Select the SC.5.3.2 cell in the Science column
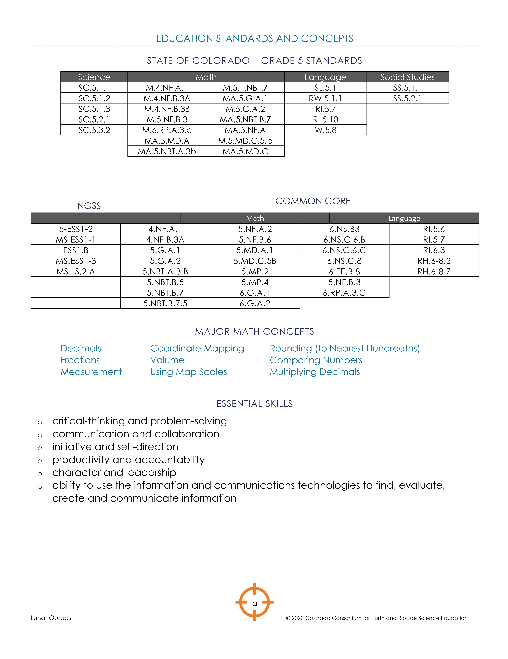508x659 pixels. pyautogui.click(x=94, y=130)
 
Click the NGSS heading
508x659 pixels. pyautogui.click(x=89, y=206)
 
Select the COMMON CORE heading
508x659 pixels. pyautogui.click(x=313, y=201)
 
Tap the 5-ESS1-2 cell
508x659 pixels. pyautogui.click(x=76, y=229)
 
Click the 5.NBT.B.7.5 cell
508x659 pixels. pyautogui.click(x=165, y=303)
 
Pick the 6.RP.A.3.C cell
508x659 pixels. pyautogui.click(x=344, y=293)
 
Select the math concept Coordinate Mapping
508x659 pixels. pyautogui.click(x=197, y=348)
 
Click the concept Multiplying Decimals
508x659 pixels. pyautogui.click(x=315, y=372)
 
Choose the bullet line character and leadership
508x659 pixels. pyautogui.click(x=114, y=472)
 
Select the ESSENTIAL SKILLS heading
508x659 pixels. pyautogui.click(x=254, y=404)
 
